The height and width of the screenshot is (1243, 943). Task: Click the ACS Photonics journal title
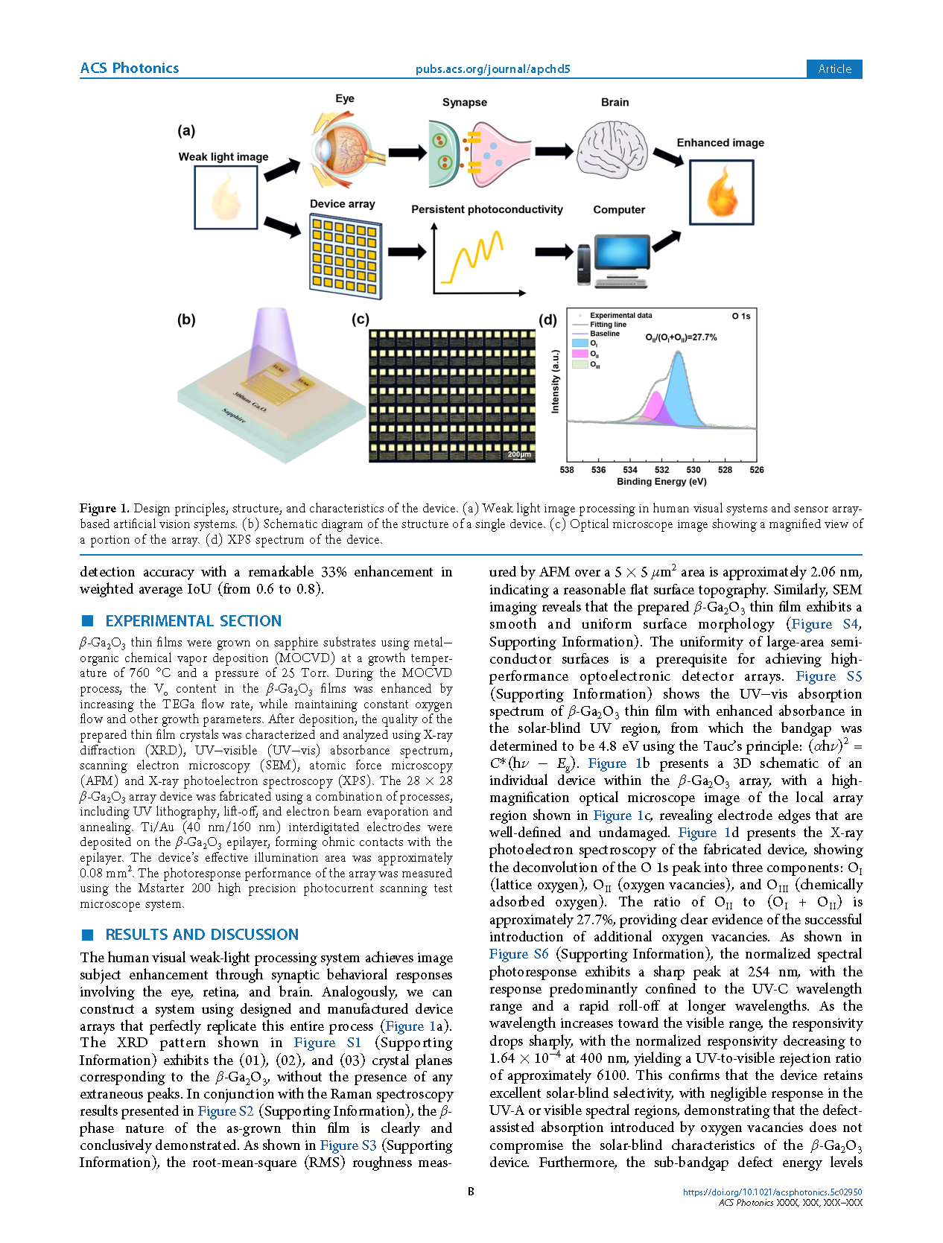(x=130, y=69)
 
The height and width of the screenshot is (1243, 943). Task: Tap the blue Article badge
(x=834, y=69)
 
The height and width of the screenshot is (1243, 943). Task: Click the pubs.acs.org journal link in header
(x=492, y=69)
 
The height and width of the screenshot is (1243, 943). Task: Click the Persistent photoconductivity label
(x=487, y=210)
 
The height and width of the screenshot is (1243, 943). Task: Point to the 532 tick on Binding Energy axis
(x=661, y=470)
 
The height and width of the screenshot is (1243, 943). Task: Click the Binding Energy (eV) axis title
(x=661, y=482)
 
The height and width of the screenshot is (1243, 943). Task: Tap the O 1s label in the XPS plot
(x=741, y=317)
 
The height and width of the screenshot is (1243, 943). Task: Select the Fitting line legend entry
(x=608, y=325)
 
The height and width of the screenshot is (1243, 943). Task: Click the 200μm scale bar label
(x=519, y=454)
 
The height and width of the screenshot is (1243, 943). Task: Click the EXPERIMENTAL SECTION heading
(x=194, y=621)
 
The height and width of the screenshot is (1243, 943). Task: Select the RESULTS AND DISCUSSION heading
(x=202, y=935)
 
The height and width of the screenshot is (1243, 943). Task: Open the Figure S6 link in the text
(x=518, y=954)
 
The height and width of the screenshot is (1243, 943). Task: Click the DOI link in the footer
(x=772, y=1192)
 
